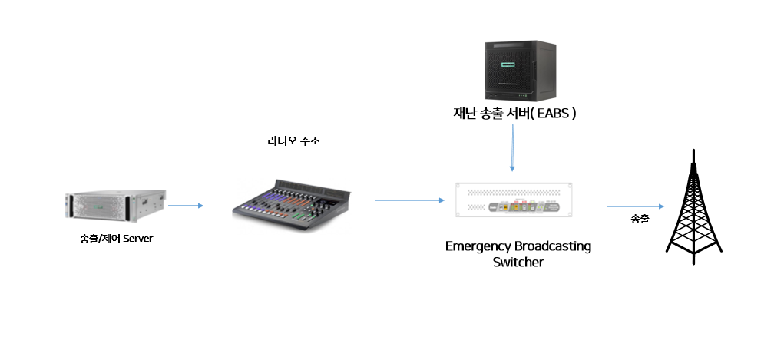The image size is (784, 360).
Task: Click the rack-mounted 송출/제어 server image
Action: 115,206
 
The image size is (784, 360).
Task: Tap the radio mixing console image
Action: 293,205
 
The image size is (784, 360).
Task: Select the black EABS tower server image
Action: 520,71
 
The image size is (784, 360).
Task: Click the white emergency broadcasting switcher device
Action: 514,200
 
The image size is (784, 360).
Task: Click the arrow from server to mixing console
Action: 186,206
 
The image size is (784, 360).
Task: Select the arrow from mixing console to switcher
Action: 409,200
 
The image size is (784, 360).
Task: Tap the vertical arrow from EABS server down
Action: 512,148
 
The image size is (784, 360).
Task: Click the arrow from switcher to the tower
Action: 636,206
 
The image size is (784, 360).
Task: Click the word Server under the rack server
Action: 138,239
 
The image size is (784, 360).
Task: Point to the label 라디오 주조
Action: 294,141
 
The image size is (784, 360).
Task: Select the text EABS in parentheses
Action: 553,114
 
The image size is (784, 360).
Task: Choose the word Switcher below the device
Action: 518,262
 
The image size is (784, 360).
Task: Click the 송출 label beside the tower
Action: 640,219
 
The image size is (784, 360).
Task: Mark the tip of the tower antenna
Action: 693,149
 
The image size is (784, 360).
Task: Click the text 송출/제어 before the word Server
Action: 101,239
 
